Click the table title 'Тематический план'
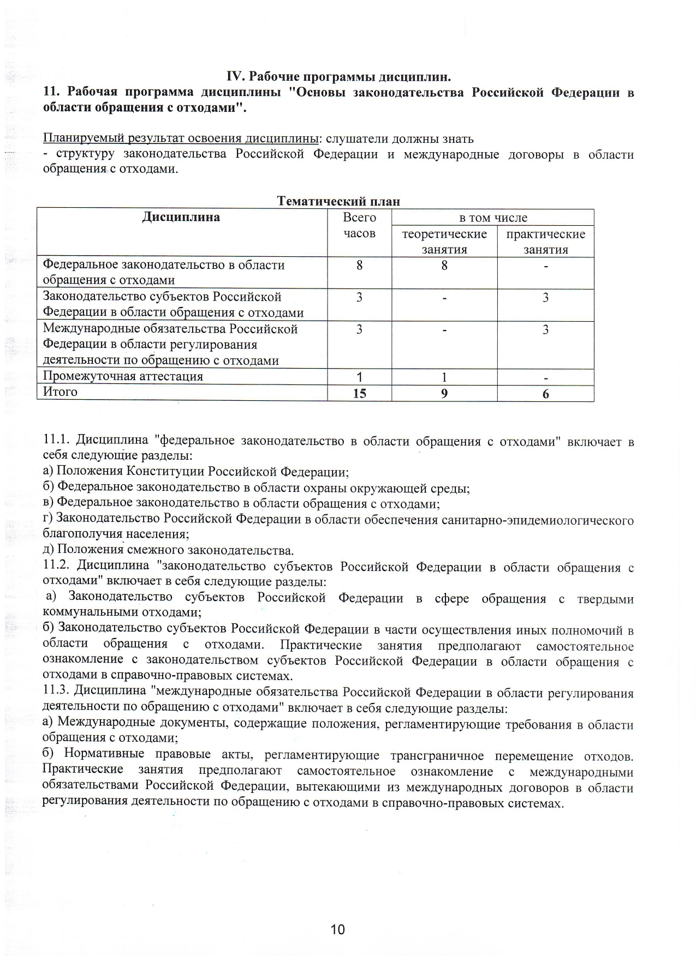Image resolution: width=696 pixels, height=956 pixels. pyautogui.click(x=338, y=201)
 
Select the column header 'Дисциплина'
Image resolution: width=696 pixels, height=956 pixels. pyautogui.click(x=181, y=217)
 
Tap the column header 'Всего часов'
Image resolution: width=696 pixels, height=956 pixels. pyautogui.click(x=359, y=225)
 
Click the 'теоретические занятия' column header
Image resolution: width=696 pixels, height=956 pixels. pyautogui.click(x=444, y=242)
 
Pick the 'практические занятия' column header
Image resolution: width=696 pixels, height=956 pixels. pyautogui.click(x=545, y=242)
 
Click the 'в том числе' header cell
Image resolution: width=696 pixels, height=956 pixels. pyautogui.click(x=493, y=218)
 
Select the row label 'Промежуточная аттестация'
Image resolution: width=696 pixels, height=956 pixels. pyautogui.click(x=123, y=376)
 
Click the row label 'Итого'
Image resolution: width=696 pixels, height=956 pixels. pyautogui.click(x=60, y=392)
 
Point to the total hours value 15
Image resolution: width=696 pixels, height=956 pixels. pyautogui.click(x=359, y=393)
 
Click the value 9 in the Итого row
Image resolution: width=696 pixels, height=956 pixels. pyautogui.click(x=444, y=393)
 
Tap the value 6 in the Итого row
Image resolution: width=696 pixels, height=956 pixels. pyautogui.click(x=545, y=394)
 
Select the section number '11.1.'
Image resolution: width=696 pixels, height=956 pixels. pyautogui.click(x=57, y=441)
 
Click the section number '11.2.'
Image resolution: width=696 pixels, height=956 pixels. pyautogui.click(x=57, y=566)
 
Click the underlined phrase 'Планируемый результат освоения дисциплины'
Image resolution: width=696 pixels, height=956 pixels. pyautogui.click(x=181, y=138)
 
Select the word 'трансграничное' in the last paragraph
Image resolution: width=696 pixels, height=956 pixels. pyautogui.click(x=437, y=756)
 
